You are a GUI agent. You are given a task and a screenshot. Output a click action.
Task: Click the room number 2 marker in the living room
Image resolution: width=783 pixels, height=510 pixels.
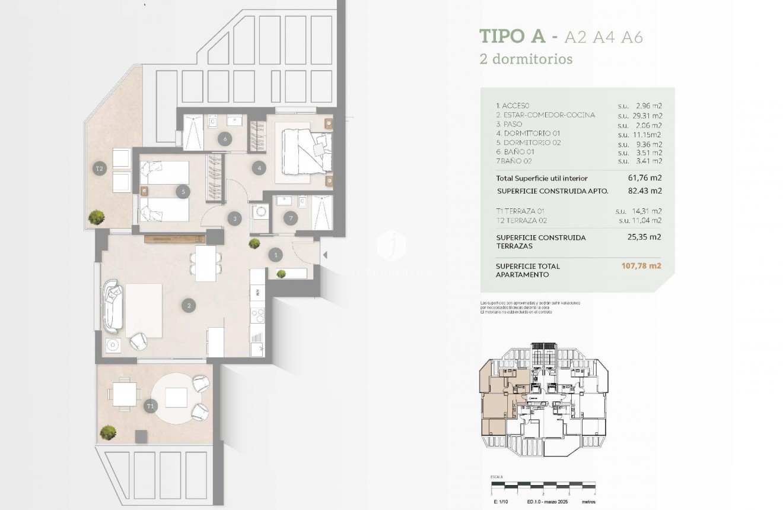pyautogui.click(x=189, y=306)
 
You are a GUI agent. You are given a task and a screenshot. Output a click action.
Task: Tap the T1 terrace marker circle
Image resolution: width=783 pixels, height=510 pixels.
pyautogui.click(x=150, y=407)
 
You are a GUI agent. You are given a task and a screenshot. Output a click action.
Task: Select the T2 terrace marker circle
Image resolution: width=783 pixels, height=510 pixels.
pyautogui.click(x=100, y=169)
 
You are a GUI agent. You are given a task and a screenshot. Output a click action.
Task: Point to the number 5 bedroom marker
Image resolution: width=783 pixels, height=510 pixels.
pyautogui.click(x=184, y=191)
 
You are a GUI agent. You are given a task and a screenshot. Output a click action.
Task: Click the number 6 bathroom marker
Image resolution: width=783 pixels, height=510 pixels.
pyautogui.click(x=225, y=140)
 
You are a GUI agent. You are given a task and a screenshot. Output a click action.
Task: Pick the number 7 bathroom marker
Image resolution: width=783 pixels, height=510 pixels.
pyautogui.click(x=290, y=217)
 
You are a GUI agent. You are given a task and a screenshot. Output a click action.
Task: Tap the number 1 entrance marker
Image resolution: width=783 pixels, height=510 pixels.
pyautogui.click(x=275, y=255)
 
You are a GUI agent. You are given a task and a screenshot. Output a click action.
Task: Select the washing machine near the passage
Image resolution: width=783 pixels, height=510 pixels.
pyautogui.click(x=260, y=214)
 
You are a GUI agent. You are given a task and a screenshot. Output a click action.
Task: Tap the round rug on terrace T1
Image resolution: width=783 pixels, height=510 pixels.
pyautogui.click(x=176, y=397)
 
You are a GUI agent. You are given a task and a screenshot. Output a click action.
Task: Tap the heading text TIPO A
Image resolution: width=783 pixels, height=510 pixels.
pyautogui.click(x=512, y=36)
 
